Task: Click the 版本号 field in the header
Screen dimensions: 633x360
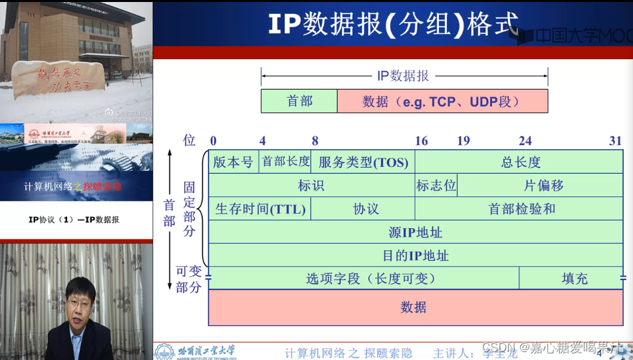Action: tap(233, 162)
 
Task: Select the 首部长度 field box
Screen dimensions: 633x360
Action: tap(286, 162)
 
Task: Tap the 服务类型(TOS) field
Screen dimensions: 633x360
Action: tap(363, 162)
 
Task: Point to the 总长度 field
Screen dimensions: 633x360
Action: tap(520, 162)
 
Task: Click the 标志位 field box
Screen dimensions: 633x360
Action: tap(436, 185)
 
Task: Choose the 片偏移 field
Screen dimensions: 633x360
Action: tap(540, 185)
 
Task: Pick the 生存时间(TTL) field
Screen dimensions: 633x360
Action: tap(260, 209)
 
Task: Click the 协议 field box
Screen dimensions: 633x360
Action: tap(363, 209)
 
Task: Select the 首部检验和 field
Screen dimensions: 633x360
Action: tap(520, 209)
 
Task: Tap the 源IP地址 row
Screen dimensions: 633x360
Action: tap(416, 232)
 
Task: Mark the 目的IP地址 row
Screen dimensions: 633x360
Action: tap(416, 256)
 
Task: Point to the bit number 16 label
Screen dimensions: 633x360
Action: tap(422, 141)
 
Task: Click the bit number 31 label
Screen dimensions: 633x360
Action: tap(615, 141)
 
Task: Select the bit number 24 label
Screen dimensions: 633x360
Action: tap(525, 141)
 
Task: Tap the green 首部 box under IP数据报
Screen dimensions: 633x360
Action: tap(299, 101)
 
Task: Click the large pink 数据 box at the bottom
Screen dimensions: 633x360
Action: tap(416, 307)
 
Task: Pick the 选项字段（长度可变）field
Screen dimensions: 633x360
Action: tap(364, 278)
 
